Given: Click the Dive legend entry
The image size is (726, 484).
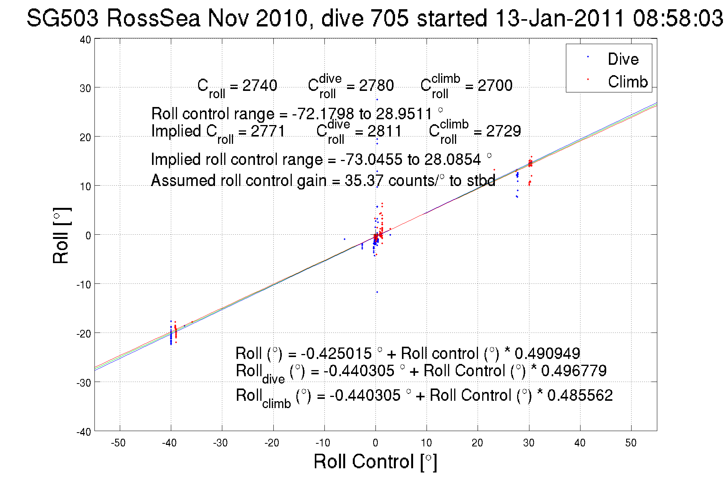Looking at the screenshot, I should click(623, 59).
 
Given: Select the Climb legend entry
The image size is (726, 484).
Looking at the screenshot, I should click(627, 82).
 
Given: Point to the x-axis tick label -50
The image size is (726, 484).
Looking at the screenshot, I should click(118, 443).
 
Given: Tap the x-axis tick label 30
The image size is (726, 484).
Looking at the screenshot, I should click(529, 443).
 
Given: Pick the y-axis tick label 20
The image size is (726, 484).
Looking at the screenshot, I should click(85, 137).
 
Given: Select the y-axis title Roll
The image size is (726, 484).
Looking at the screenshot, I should click(61, 235).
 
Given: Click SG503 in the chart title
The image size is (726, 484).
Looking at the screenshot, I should click(63, 18).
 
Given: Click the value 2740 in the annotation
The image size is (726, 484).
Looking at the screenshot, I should click(260, 86).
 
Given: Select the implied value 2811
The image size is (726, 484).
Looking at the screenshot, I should click(384, 131).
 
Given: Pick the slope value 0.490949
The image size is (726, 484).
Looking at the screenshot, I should click(547, 353).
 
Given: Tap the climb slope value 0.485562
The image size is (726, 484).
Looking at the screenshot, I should click(580, 395).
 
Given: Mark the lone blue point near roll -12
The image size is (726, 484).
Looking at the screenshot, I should click(377, 292).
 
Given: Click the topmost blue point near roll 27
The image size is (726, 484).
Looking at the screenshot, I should click(377, 100).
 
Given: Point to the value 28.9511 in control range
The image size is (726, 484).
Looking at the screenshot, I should click(404, 114).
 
